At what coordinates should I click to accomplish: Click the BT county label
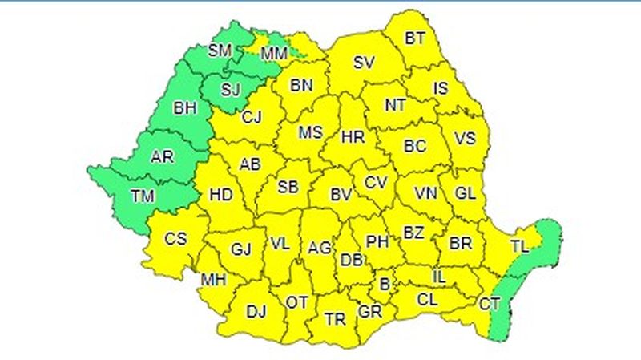(415, 37)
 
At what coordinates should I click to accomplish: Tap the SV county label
(365, 62)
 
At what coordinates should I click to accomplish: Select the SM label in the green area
(220, 51)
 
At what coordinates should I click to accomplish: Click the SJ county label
(230, 88)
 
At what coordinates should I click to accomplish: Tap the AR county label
(162, 156)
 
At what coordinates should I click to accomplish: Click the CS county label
(175, 238)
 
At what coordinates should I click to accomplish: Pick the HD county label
(220, 194)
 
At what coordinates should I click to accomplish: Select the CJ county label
(252, 118)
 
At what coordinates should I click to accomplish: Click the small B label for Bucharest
(385, 283)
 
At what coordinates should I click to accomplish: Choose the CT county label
(489, 303)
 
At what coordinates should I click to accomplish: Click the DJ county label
(256, 310)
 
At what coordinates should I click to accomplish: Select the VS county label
(466, 138)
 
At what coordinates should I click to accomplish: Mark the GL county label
(465, 193)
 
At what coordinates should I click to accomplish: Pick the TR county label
(335, 318)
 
